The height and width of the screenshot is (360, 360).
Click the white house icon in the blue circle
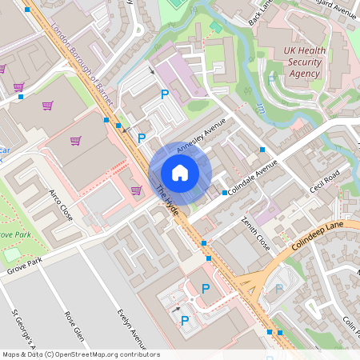[180, 172]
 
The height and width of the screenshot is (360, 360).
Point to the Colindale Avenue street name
[252, 178]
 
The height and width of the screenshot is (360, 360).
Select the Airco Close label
[61, 206]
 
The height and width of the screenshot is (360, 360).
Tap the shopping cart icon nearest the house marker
[136, 190]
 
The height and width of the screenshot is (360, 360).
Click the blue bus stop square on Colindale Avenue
[224, 193]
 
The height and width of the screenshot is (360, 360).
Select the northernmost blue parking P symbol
[165, 94]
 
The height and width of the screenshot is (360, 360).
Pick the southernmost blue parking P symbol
[185, 321]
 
